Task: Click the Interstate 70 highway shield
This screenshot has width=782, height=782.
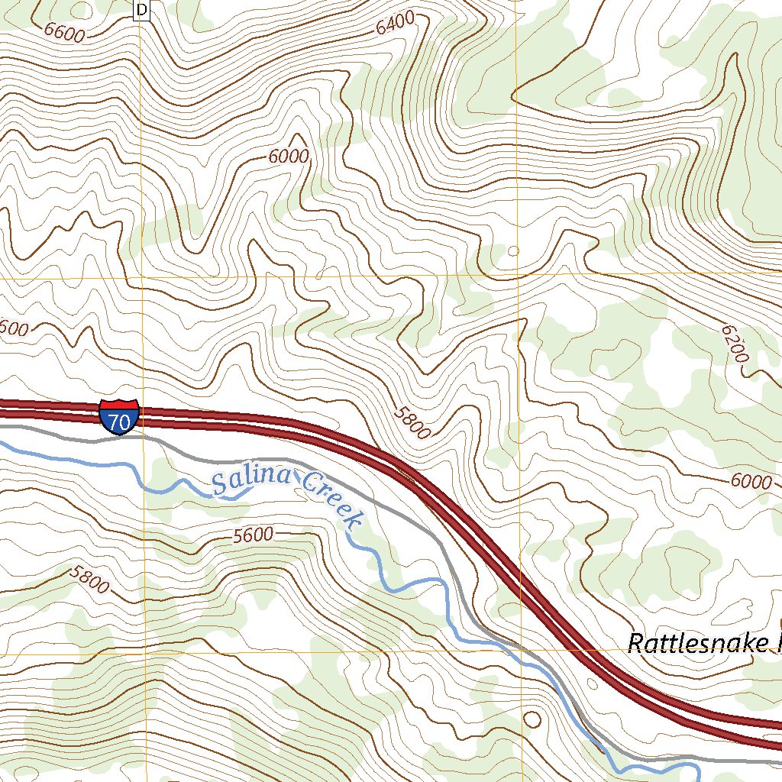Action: point(118,416)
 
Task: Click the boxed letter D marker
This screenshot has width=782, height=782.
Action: point(142,10)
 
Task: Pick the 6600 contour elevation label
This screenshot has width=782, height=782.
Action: point(64,31)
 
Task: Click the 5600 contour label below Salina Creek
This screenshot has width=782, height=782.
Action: point(253,535)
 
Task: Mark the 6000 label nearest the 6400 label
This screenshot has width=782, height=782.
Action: point(289,157)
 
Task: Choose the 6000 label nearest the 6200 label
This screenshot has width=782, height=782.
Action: point(750,481)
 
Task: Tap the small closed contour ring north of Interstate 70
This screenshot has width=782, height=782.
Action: point(513,250)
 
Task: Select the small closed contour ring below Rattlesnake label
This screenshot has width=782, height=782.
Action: point(532,719)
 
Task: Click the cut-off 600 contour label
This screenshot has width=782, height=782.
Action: point(14,329)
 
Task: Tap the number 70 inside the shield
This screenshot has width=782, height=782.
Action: point(118,421)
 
